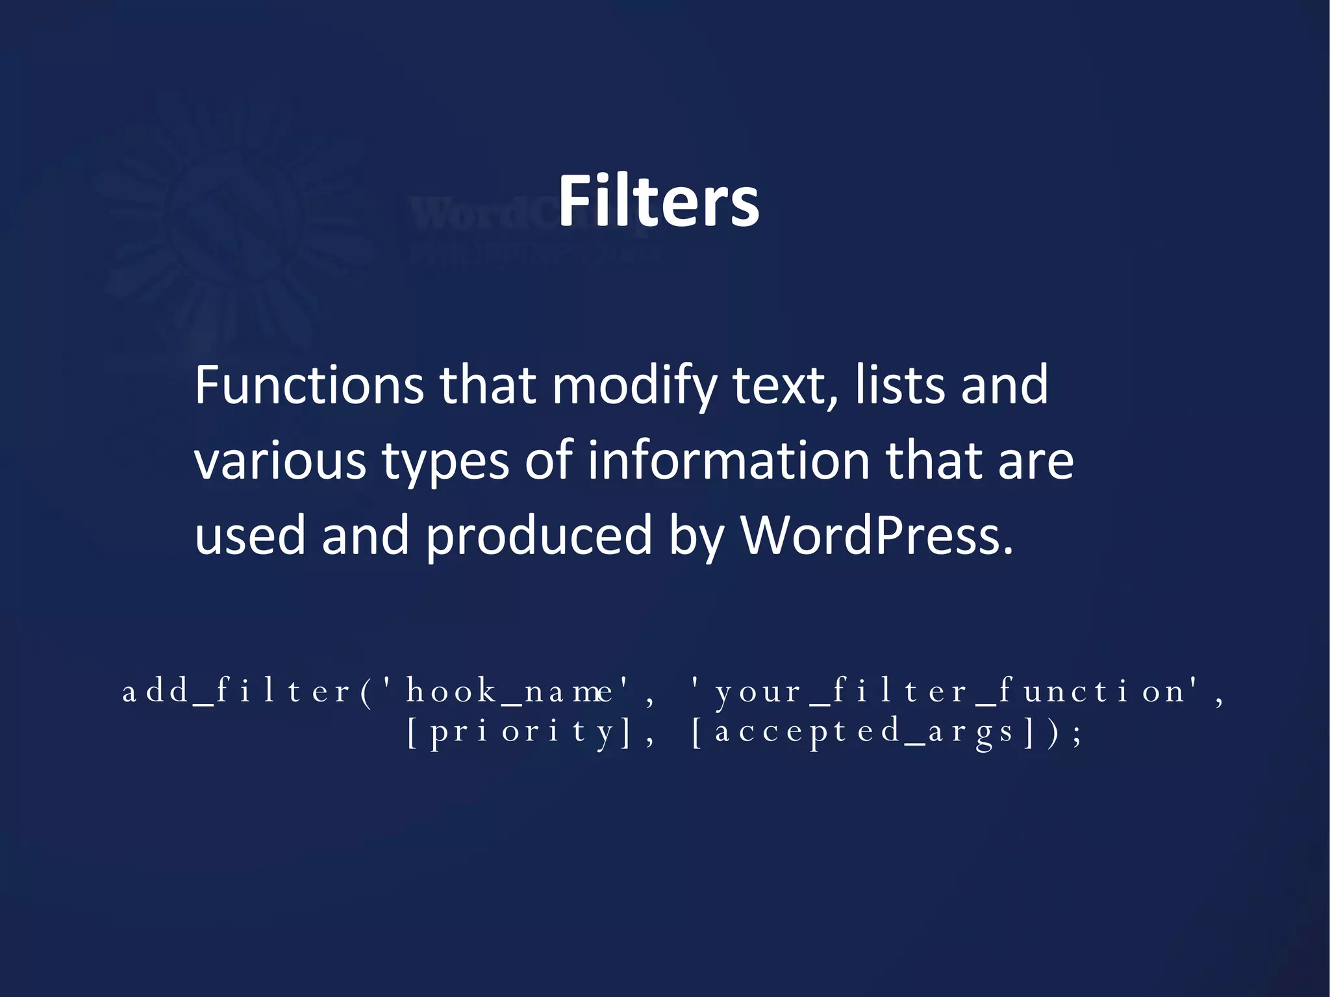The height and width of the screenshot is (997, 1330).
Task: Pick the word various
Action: coord(280,461)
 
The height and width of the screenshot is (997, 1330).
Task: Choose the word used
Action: coord(250,535)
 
